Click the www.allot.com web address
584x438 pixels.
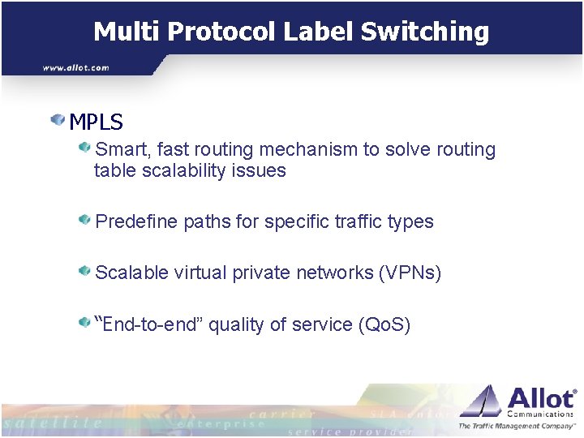pos(75,67)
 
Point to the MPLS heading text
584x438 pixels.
pos(96,122)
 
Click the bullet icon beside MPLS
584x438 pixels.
pos(58,121)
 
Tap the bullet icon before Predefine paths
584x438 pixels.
pos(84,220)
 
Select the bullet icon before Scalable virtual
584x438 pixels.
pos(84,271)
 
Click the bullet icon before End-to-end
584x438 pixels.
pos(84,323)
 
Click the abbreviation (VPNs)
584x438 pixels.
pos(410,273)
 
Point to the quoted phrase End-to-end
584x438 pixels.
pos(151,324)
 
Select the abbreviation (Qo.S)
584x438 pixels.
pos(384,324)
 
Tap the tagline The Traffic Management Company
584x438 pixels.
pos(517,426)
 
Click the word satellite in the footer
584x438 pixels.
pos(53,423)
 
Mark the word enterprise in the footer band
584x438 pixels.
pos(221,423)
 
